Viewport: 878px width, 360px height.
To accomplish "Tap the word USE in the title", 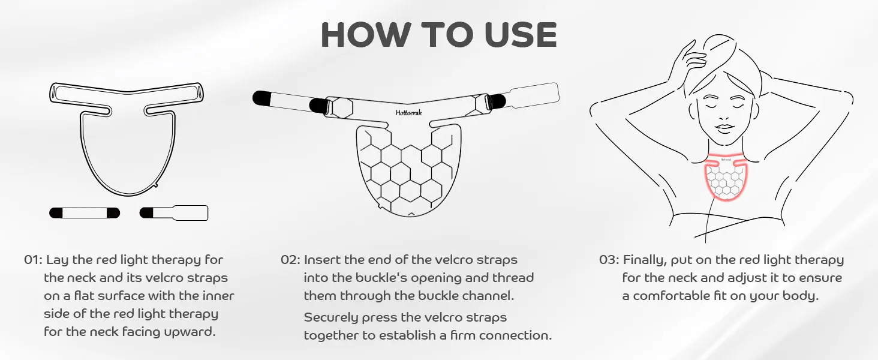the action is click(x=521, y=35).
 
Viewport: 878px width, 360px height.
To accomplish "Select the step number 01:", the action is click(x=33, y=260).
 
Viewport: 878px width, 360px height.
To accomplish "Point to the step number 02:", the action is click(x=290, y=260).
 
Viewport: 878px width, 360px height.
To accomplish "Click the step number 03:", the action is click(x=609, y=260).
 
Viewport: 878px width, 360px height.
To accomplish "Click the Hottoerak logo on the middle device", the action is click(x=408, y=113).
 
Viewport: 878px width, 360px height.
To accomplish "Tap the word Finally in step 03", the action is click(x=645, y=260).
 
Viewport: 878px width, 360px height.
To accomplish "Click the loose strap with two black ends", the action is click(x=85, y=213).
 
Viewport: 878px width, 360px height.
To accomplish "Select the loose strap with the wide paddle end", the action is click(x=174, y=213).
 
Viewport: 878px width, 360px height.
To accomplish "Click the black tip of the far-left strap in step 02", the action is click(x=261, y=98).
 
